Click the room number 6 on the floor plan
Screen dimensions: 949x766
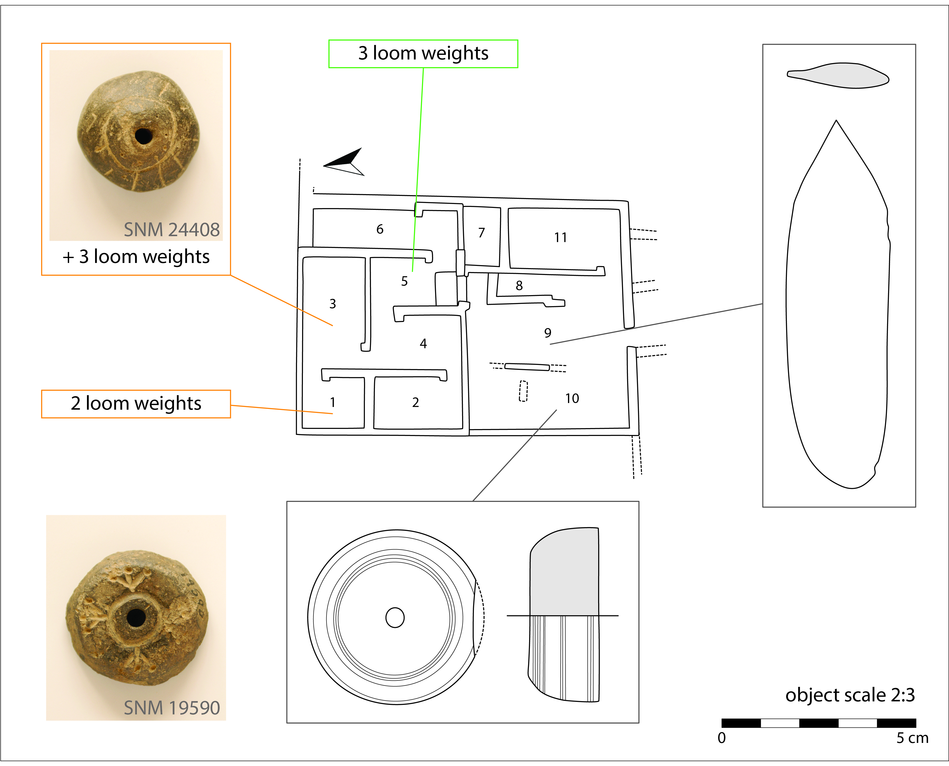coord(380,229)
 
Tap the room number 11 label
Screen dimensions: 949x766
coord(561,237)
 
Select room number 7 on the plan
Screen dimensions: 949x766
coord(482,232)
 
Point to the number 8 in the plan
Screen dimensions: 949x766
coord(519,286)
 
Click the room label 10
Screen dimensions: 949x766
coord(572,398)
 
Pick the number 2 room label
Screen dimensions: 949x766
coord(415,403)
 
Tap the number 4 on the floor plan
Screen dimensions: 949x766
coord(423,343)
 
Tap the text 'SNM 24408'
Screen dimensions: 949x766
coord(171,230)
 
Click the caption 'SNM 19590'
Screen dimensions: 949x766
coord(171,708)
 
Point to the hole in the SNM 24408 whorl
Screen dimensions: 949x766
coord(143,136)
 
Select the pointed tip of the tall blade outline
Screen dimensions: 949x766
coord(836,120)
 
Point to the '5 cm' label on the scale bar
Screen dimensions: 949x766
coord(912,738)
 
